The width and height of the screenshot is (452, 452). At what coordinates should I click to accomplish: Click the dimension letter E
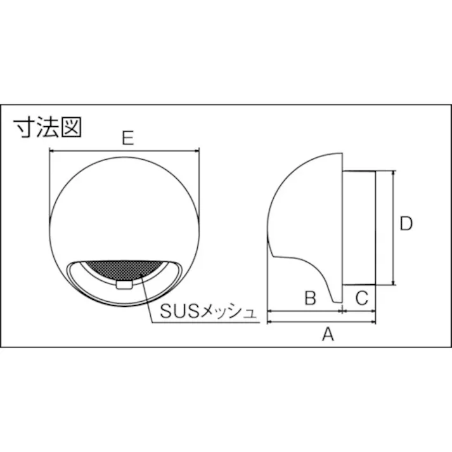point(128,138)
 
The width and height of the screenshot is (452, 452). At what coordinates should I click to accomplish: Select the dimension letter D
point(406,223)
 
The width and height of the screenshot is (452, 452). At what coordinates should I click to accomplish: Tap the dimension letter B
point(309,297)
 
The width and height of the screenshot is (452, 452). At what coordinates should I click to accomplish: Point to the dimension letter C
point(360,297)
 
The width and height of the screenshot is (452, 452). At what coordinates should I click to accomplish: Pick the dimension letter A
point(327,334)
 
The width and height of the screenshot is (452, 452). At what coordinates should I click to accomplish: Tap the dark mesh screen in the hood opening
point(124,269)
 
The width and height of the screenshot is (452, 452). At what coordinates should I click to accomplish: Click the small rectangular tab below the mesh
point(124,286)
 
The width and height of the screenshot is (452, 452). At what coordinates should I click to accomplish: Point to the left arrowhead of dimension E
point(51,151)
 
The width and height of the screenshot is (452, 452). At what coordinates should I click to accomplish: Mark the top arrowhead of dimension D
point(394,172)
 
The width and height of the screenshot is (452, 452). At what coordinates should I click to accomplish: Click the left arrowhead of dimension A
point(270,321)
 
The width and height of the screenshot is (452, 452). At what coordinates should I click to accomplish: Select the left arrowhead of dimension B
point(270,311)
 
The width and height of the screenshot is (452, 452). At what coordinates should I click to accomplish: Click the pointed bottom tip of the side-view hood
point(337,302)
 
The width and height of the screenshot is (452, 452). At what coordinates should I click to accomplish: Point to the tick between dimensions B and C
point(342,311)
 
